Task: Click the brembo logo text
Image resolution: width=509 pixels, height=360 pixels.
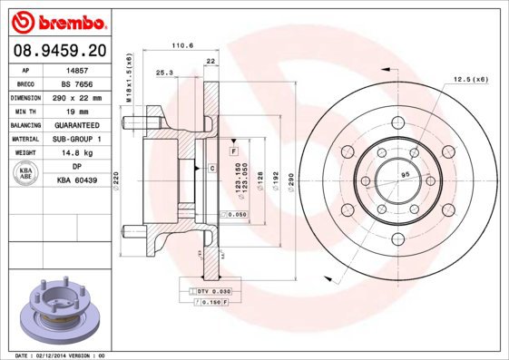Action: (72, 23)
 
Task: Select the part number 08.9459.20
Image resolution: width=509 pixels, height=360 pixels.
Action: (60, 51)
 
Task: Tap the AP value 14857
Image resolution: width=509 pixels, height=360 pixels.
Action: (77, 71)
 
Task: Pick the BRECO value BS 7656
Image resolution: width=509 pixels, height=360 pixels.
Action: (77, 84)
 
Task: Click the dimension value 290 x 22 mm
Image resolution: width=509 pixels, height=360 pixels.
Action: (77, 98)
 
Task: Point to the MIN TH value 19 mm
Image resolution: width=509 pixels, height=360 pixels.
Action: (77, 112)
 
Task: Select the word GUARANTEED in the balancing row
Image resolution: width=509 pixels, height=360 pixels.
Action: (77, 125)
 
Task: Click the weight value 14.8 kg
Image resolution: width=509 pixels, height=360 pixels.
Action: (77, 152)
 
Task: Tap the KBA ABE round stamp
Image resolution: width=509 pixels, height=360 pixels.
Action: (25, 173)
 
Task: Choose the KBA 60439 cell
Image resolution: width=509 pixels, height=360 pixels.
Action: (77, 180)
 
